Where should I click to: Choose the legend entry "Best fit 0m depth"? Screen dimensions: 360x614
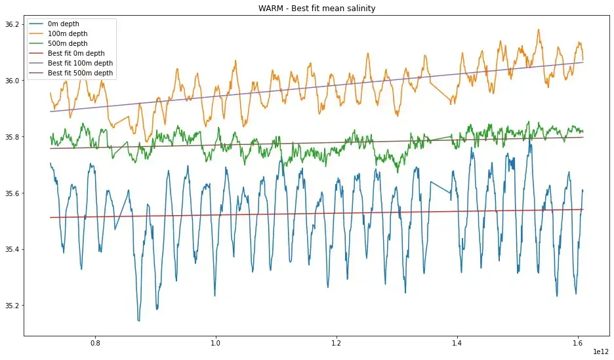(75, 54)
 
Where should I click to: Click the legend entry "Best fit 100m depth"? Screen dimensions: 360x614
(79, 64)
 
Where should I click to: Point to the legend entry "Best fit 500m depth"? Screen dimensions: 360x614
(79, 73)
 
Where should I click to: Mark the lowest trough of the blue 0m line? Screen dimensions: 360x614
(138, 321)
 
